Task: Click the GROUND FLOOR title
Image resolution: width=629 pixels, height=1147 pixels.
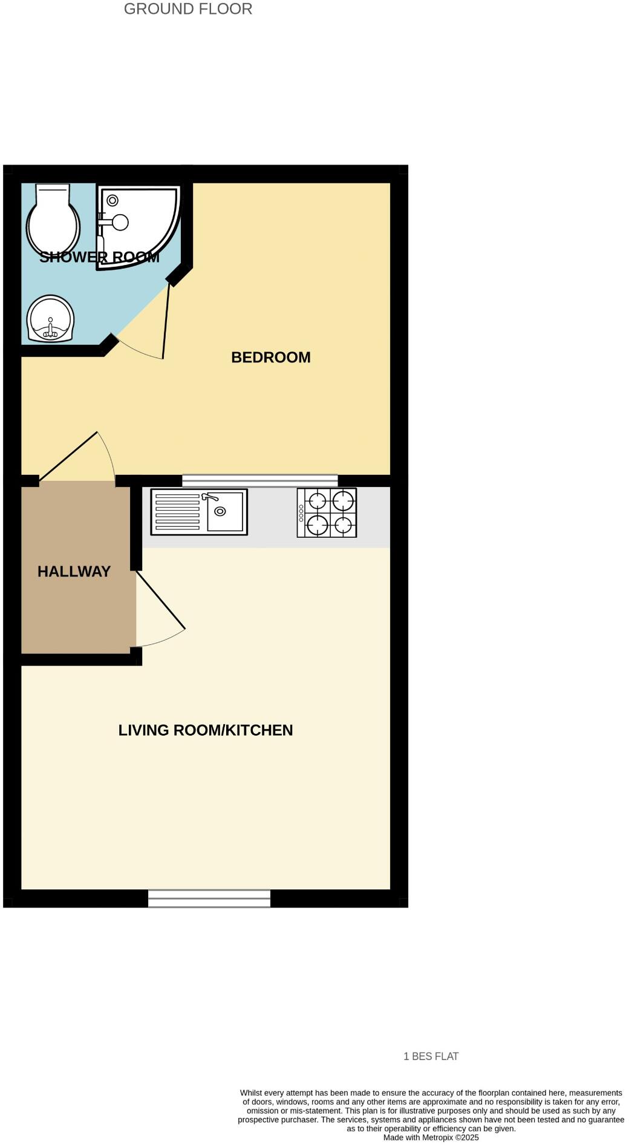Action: (188, 9)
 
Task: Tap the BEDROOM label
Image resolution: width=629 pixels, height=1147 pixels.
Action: (271, 358)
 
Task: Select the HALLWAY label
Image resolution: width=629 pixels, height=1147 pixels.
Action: (74, 572)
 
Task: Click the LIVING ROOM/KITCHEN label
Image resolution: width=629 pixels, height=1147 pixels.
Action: (206, 730)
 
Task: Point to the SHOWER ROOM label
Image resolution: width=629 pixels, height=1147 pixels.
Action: (99, 257)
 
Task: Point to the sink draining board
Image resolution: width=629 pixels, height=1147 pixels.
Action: (178, 512)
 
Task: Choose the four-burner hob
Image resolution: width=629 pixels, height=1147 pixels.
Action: (327, 512)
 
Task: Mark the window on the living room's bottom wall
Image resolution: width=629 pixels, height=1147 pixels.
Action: (209, 898)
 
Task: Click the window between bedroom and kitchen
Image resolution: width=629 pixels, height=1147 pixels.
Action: (260, 480)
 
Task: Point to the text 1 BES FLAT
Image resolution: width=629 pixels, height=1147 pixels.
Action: (431, 1056)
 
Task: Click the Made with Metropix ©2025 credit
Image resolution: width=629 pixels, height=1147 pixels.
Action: (431, 1137)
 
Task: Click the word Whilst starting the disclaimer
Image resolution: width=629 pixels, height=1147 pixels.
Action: (252, 1093)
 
